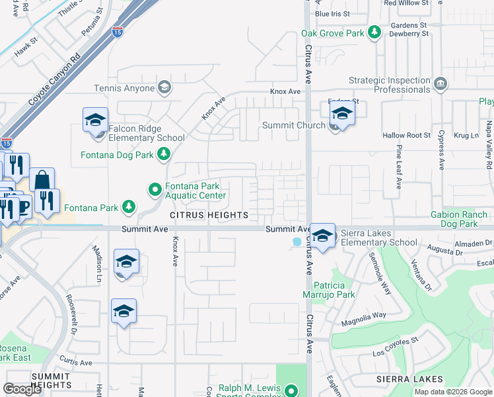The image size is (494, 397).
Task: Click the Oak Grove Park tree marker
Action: [x=375, y=32]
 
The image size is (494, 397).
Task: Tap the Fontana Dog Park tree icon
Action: [x=163, y=155]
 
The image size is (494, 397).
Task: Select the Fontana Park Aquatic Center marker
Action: [x=155, y=191]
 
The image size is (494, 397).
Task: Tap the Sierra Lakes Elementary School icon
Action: [x=322, y=237]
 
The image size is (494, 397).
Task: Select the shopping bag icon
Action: [x=42, y=181]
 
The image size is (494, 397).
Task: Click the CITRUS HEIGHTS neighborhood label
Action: [x=209, y=215]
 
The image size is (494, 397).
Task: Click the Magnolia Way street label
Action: [x=363, y=319]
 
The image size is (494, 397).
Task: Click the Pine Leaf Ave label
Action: [x=399, y=169]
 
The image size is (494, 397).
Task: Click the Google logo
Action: [x=22, y=389]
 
